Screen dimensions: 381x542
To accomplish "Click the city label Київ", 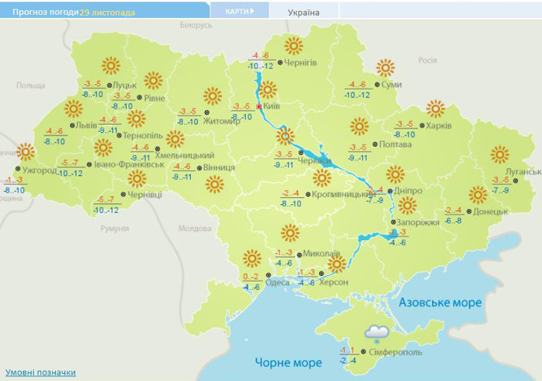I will [x=272, y=105].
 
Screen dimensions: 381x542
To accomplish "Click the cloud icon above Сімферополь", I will [x=377, y=333].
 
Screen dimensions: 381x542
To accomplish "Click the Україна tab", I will [x=303, y=13].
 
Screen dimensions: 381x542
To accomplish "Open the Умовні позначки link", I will [x=41, y=372].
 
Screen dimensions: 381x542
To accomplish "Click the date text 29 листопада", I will [x=107, y=13].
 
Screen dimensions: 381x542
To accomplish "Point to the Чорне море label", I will [x=288, y=362].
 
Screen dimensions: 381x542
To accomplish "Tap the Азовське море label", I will [x=440, y=302].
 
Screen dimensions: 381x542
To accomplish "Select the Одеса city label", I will [x=277, y=283].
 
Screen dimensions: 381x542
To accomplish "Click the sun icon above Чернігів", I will [x=294, y=45].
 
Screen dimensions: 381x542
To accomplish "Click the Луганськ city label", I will [x=523, y=171].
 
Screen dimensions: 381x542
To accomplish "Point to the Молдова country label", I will [x=194, y=229].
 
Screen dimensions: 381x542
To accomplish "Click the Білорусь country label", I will [x=196, y=25].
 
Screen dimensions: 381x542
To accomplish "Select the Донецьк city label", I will [x=492, y=211].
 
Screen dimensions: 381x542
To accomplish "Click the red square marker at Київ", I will [x=259, y=108].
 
